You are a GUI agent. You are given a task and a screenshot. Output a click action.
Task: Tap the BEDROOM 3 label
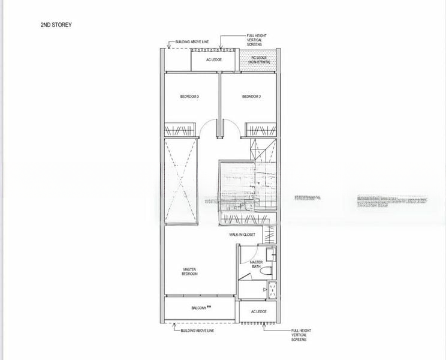coord(189,97)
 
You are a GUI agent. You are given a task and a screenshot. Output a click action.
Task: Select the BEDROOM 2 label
coord(251,97)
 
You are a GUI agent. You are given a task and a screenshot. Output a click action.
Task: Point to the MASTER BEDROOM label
coord(189,271)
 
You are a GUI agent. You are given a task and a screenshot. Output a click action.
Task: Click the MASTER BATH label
coord(256,265)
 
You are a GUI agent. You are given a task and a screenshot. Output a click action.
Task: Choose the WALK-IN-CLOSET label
coord(243,235)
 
